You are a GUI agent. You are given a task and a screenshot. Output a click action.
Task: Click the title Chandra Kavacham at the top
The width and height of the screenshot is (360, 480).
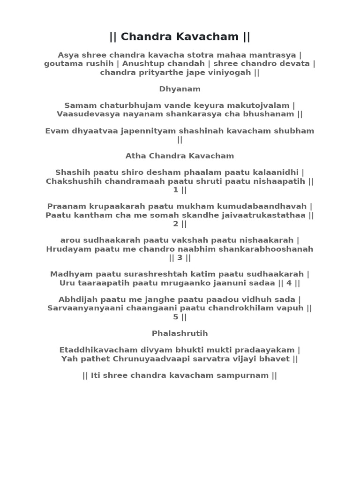point(180,37)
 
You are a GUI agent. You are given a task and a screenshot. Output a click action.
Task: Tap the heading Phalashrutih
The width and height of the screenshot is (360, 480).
point(180,333)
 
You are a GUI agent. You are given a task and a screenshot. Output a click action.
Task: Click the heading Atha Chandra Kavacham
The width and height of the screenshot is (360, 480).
point(180,156)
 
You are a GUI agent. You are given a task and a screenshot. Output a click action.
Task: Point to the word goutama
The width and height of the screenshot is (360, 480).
point(63,64)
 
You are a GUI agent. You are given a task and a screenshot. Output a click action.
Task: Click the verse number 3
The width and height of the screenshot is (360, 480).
point(180,258)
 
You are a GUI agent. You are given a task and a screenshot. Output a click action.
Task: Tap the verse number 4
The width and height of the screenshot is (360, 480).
point(289,283)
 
